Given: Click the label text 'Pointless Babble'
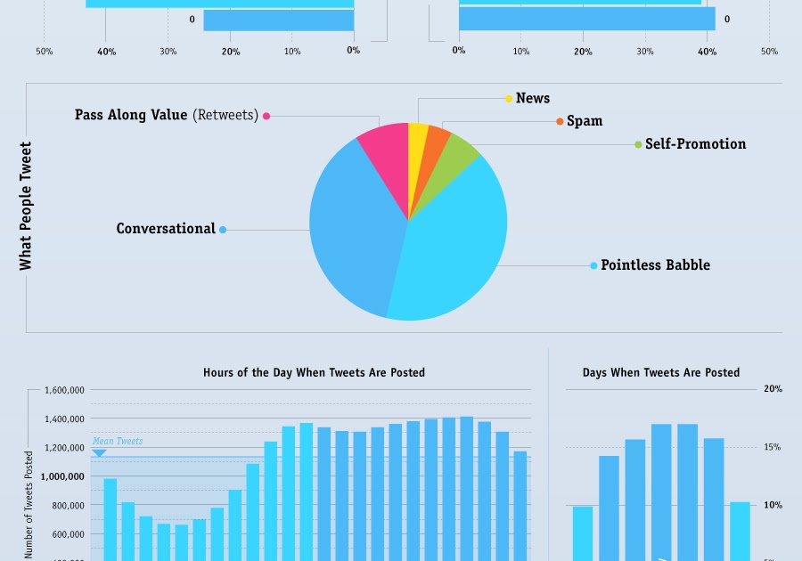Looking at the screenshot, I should point(655,265).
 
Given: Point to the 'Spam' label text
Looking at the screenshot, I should point(585,121).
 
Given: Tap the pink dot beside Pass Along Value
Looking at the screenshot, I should point(266,116).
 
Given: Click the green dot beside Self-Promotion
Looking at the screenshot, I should point(638,144).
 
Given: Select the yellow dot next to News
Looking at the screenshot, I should point(509,99).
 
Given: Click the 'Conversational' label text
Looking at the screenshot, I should point(166,229).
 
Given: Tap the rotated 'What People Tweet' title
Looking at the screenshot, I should point(26,206).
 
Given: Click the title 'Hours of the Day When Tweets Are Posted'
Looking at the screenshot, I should point(314,372).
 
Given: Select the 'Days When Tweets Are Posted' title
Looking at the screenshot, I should point(661,372).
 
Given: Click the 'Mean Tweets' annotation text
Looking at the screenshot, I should point(118,441).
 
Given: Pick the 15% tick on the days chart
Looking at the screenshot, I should point(772,447).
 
